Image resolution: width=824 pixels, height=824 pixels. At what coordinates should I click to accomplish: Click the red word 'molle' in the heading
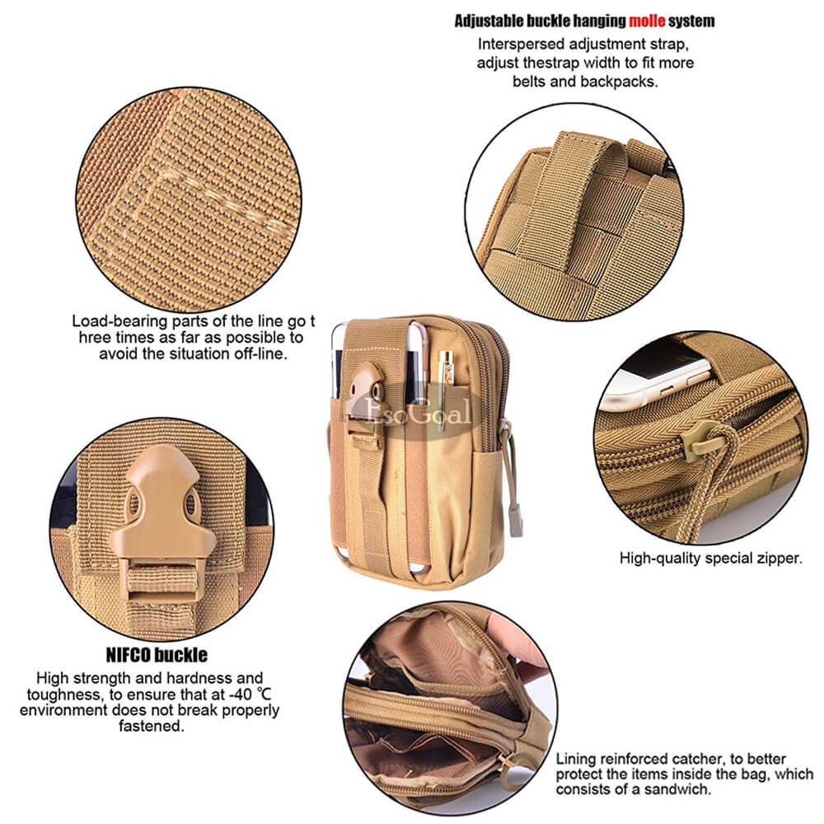(647, 21)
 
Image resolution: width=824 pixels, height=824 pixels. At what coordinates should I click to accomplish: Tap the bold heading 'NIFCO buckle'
(157, 655)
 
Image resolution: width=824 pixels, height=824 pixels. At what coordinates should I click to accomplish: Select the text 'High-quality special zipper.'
(711, 558)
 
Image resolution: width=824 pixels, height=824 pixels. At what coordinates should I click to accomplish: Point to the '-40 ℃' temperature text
(250, 694)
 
